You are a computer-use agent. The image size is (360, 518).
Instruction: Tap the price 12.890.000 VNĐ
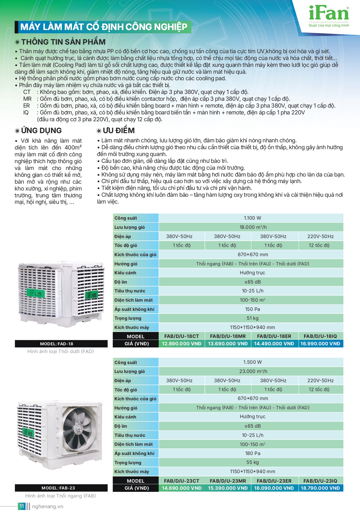(x=182, y=344)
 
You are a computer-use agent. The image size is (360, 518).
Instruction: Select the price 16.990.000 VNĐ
(x=320, y=344)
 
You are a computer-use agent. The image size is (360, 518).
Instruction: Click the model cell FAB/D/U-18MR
(x=228, y=336)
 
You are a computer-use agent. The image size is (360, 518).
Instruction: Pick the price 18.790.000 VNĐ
(x=320, y=488)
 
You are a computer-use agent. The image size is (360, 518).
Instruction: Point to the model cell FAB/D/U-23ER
(x=274, y=481)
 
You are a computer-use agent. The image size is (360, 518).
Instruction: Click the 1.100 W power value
(x=252, y=218)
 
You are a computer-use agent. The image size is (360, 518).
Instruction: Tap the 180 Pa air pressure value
(x=253, y=453)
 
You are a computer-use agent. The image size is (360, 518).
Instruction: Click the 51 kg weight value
(x=252, y=318)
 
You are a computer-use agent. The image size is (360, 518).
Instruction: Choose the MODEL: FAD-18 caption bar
(x=61, y=344)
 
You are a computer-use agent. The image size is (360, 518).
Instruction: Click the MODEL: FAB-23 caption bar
(x=61, y=488)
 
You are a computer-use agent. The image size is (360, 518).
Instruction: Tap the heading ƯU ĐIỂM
(x=119, y=130)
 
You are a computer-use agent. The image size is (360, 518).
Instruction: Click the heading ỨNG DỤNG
(x=41, y=130)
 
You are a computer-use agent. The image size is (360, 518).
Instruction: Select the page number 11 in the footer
(x=22, y=506)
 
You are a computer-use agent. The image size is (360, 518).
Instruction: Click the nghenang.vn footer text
(x=48, y=506)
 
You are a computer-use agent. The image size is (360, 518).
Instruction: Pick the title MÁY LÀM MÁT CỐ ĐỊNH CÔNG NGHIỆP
(x=104, y=27)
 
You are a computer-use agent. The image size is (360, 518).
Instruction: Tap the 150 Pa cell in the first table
(x=252, y=309)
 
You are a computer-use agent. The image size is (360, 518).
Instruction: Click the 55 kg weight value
(x=252, y=462)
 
